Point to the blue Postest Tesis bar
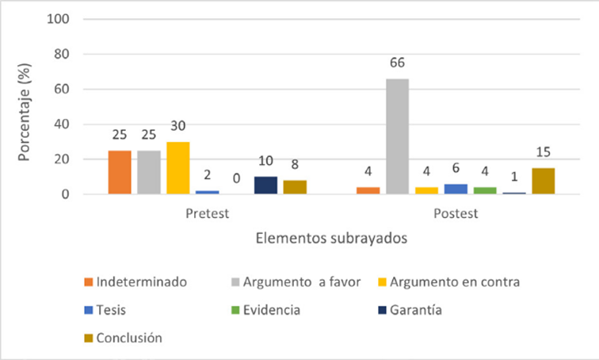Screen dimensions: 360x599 (x=456, y=189)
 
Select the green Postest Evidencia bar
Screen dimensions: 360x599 (x=485, y=190)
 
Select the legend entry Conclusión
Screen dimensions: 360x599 (x=129, y=338)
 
